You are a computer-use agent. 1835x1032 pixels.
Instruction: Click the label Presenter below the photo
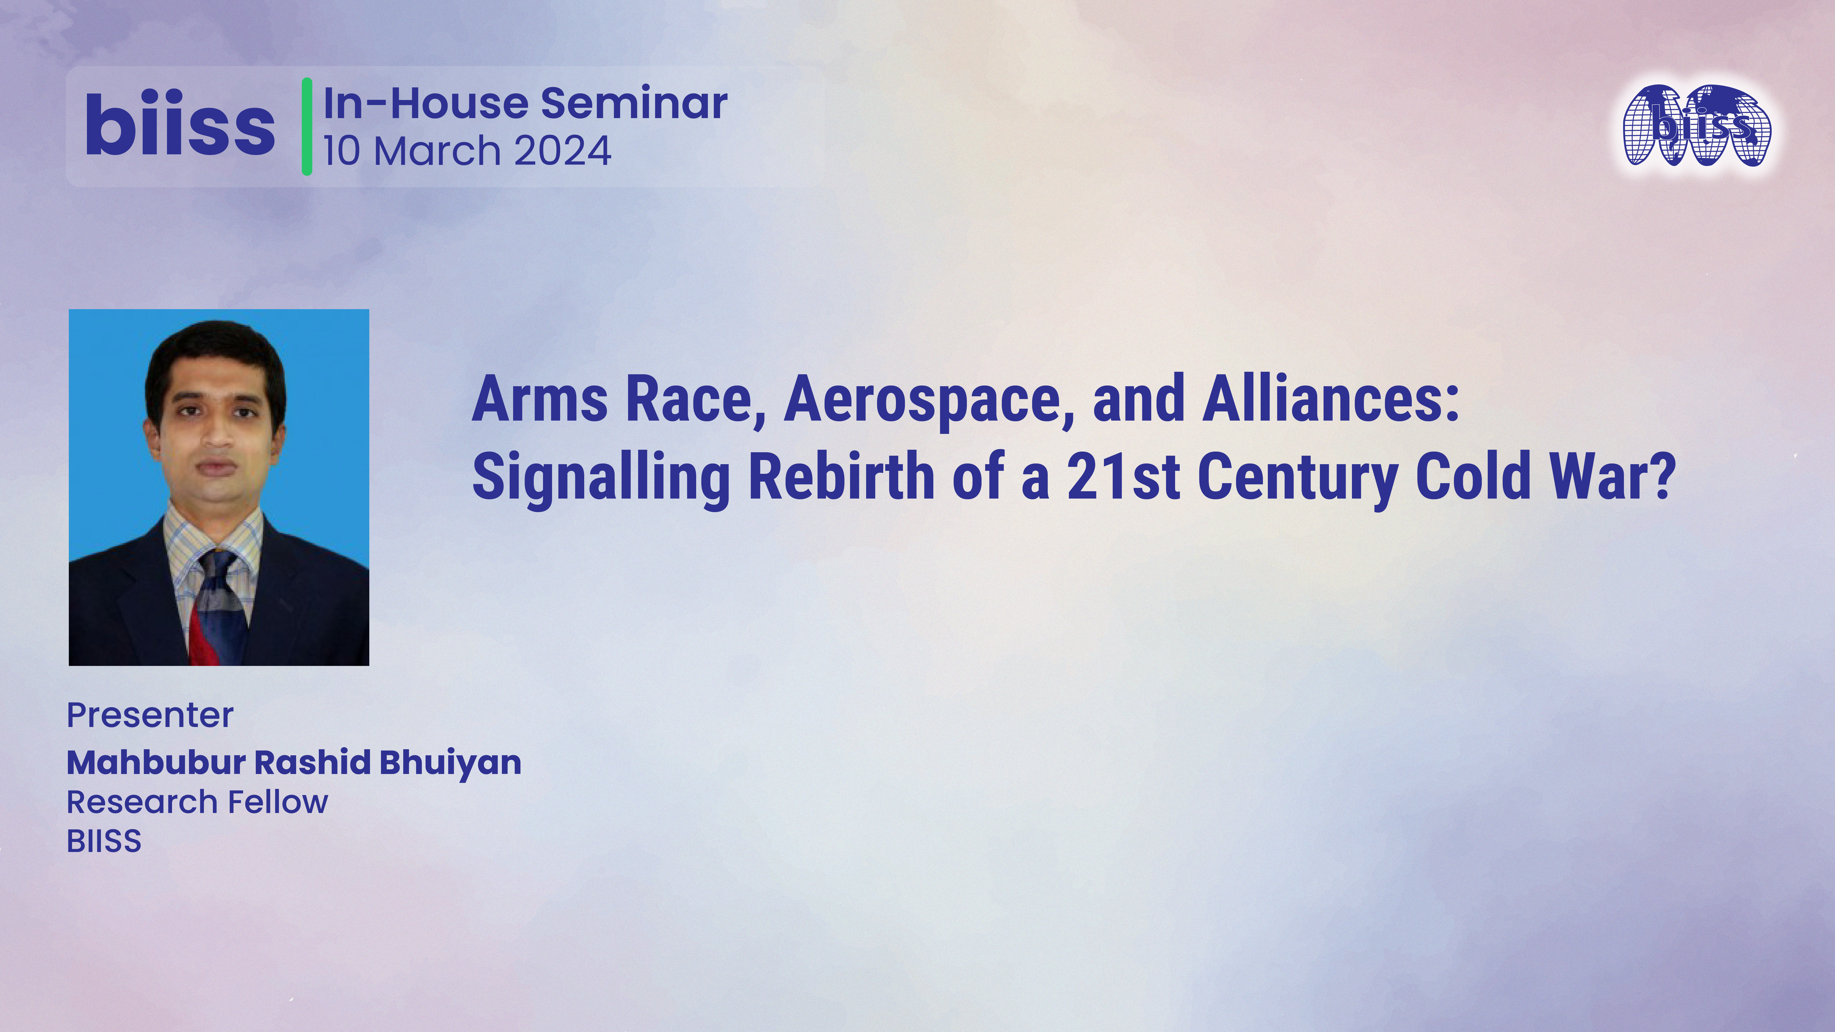(x=150, y=715)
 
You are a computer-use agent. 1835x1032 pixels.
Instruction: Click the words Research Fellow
(x=197, y=802)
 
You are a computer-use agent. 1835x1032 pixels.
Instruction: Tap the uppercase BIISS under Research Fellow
(x=104, y=841)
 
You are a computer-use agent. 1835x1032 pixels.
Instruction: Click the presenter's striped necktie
(x=217, y=605)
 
